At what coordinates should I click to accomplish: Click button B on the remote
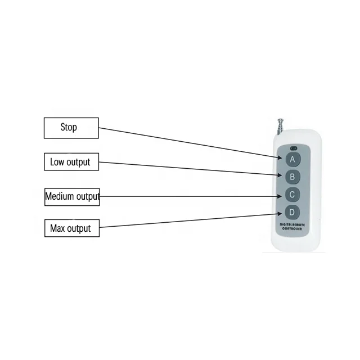292,177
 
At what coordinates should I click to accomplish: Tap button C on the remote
292,195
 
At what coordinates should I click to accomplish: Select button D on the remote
292,212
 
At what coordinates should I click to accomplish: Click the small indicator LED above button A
294,148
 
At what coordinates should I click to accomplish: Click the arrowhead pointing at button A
280,157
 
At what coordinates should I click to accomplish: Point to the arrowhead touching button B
280,175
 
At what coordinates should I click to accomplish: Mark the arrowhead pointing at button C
280,196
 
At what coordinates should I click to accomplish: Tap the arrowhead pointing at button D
280,214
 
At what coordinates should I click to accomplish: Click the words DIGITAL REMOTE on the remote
292,224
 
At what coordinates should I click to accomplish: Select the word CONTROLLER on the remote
292,229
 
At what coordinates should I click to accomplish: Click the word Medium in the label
60,196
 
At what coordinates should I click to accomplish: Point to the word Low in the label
57,162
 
